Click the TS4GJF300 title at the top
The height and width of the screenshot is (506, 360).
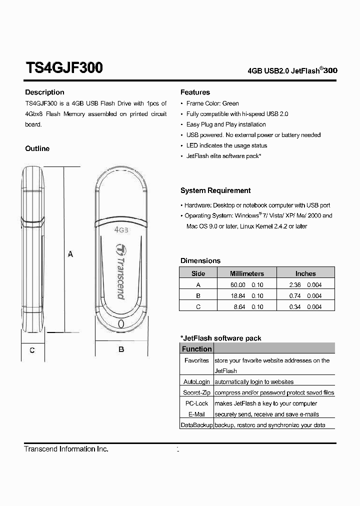tap(64, 68)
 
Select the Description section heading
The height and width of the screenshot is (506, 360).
tap(44, 92)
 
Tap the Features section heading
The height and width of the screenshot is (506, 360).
tap(195, 92)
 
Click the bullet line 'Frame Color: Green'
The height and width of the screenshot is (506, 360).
tap(212, 103)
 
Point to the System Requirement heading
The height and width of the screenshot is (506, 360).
tap(215, 190)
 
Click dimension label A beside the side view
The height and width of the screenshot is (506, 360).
tap(70, 254)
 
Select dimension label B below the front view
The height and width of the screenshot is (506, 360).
tap(121, 349)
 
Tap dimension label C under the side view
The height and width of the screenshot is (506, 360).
tap(32, 350)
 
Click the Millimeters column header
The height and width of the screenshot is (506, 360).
tap(246, 273)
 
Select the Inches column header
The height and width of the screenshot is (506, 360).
tap(305, 273)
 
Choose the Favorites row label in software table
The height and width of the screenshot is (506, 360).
tap(196, 360)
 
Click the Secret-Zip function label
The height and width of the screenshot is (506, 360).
tap(196, 392)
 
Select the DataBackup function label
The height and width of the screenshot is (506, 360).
tap(196, 425)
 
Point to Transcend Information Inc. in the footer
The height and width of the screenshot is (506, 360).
tap(66, 449)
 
